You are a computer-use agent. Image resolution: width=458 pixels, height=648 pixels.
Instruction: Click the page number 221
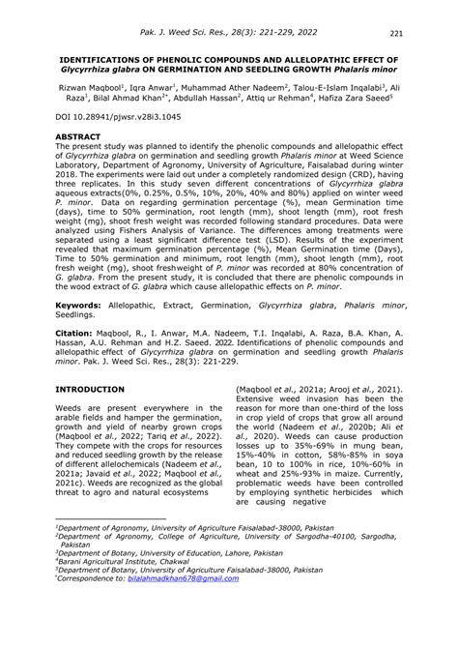423,36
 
